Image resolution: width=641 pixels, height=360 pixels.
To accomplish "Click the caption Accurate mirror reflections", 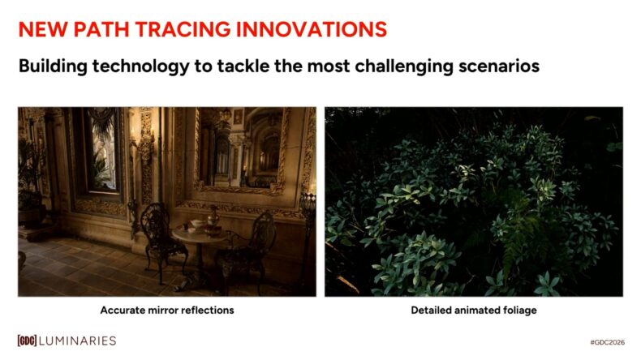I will (167, 311).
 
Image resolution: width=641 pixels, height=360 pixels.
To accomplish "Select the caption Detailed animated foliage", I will (474, 311).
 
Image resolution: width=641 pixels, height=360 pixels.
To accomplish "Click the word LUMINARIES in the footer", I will (80, 341).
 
